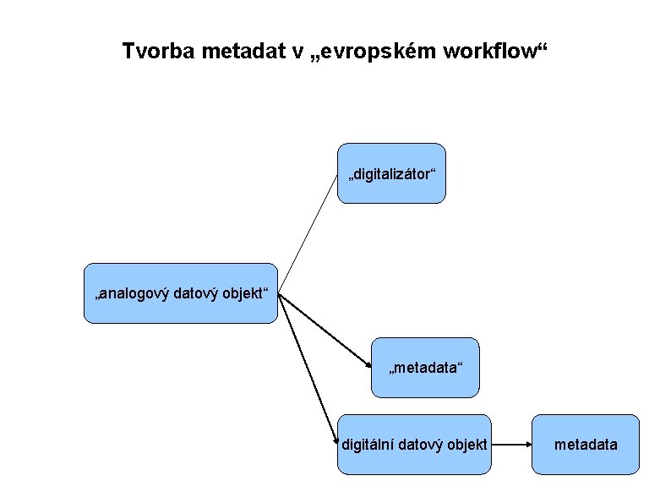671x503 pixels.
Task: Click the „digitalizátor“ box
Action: click(391, 173)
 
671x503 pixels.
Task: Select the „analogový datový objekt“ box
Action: click(180, 293)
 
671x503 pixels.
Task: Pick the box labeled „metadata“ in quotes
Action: click(425, 368)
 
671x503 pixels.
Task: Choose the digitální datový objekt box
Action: click(414, 444)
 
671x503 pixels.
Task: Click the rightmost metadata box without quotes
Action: click(586, 444)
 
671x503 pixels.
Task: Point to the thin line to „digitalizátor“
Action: click(308, 224)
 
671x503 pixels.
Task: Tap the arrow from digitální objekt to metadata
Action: click(511, 444)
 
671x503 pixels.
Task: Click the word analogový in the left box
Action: click(134, 294)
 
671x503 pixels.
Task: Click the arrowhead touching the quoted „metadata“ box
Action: click(368, 364)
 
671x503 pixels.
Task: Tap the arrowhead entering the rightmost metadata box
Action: click(527, 444)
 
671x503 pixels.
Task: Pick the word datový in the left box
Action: click(194, 294)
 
